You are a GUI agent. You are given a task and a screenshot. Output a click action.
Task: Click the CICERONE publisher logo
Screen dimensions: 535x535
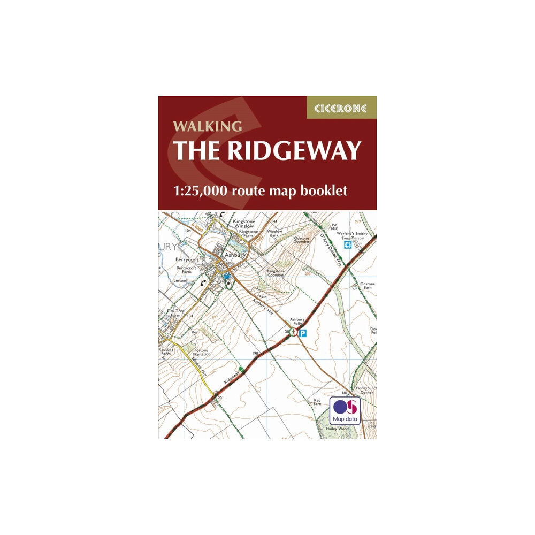341,108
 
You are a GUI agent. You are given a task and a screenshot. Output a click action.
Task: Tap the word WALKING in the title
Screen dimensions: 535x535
207,127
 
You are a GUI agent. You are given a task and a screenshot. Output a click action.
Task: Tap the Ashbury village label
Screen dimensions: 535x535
234,256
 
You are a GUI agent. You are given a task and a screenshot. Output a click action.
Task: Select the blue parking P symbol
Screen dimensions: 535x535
302,333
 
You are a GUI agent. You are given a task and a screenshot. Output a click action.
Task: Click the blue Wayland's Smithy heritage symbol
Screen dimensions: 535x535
347,245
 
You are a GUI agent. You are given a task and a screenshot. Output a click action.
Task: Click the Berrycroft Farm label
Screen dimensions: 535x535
186,268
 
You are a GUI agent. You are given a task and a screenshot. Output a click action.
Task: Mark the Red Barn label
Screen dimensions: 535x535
317,402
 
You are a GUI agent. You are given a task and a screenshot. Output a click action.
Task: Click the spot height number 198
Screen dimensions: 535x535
255,354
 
